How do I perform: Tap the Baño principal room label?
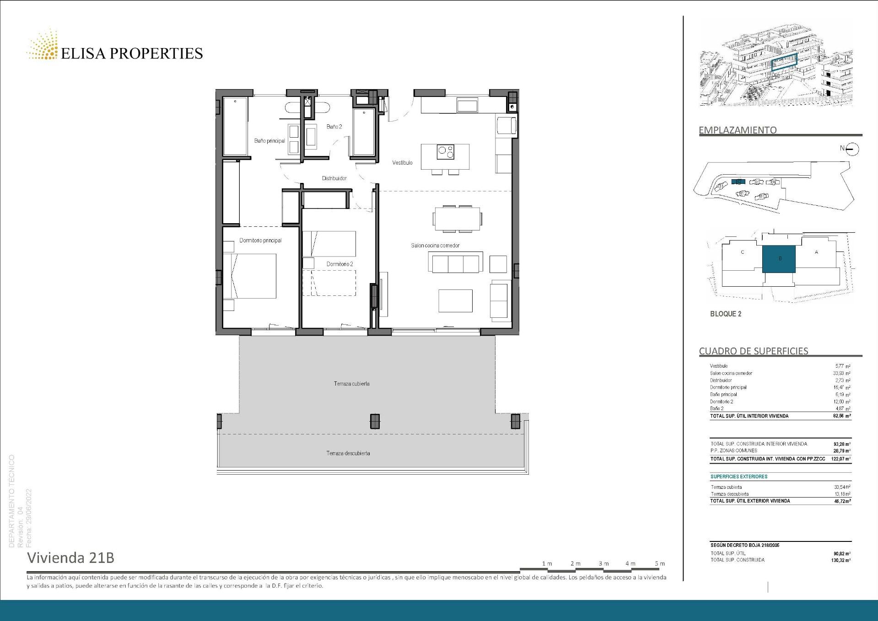pos(269,141)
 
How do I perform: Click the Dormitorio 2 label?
pos(339,264)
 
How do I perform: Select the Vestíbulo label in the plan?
pos(402,163)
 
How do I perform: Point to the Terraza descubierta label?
pos(348,453)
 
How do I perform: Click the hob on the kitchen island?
pos(445,152)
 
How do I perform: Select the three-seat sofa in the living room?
pos(456,263)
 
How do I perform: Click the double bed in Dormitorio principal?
pos(250,276)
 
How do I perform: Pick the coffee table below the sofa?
pos(455,301)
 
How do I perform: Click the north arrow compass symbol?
pos(852,149)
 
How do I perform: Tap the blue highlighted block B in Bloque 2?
pos(779,259)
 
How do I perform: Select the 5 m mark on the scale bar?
pos(659,564)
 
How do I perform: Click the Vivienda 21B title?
pos(71,558)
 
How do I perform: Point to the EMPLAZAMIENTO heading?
pos(738,130)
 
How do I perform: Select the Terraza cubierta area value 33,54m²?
pos(842,487)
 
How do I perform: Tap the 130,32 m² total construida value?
pos(841,560)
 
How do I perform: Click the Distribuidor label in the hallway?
pos(334,178)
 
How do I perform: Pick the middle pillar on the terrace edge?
pos(375,421)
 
